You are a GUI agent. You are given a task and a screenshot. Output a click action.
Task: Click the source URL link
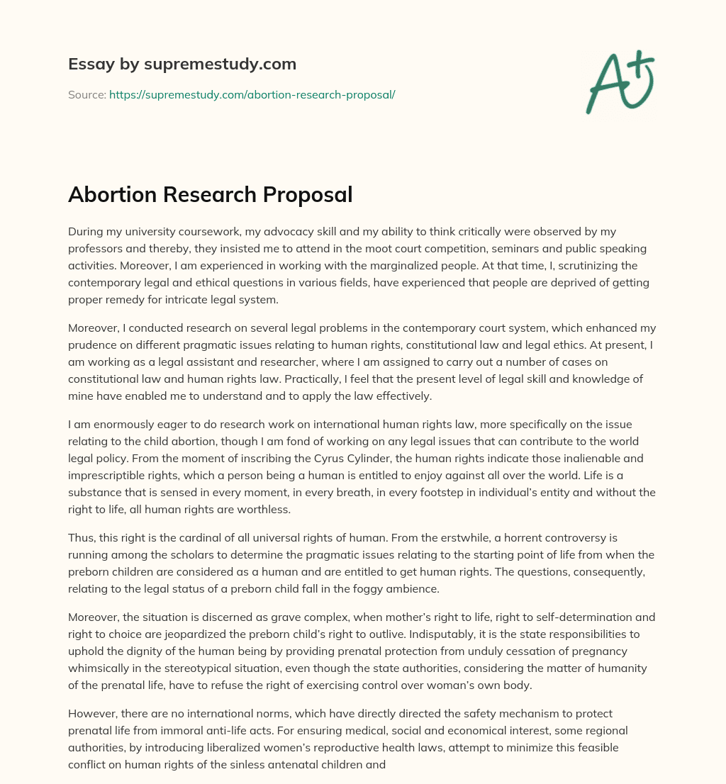click(x=252, y=94)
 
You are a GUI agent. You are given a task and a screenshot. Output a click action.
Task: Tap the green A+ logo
click(x=620, y=82)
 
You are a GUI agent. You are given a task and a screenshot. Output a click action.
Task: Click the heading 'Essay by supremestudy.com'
click(x=182, y=65)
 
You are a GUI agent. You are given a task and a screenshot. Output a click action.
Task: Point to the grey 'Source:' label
click(x=86, y=94)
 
